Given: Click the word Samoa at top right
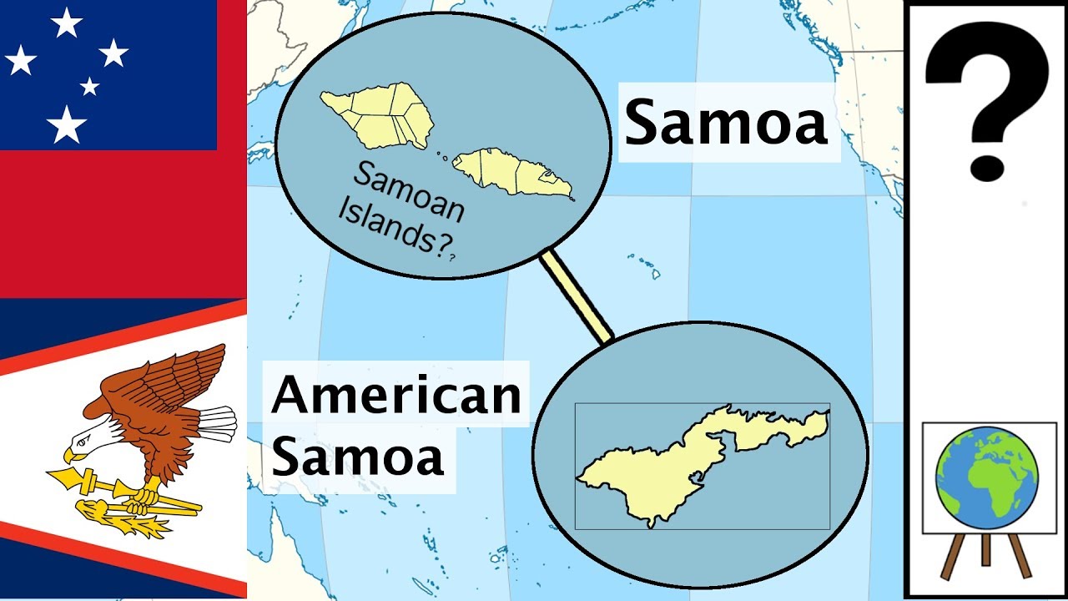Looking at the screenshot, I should pyautogui.click(x=726, y=122).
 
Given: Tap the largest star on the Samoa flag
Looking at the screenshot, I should pyautogui.click(x=66, y=125).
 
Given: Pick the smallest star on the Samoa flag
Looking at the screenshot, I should pyautogui.click(x=89, y=86).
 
